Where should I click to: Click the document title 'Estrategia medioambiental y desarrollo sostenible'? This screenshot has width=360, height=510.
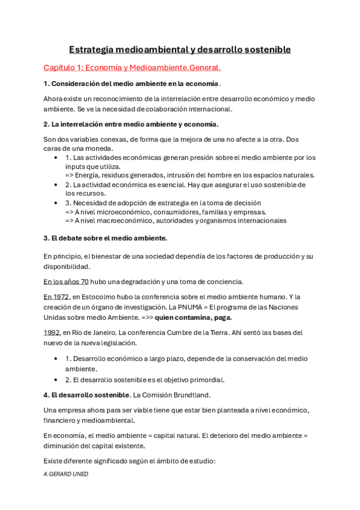pos(180,49)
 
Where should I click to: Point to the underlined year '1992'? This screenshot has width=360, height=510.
pos(52,332)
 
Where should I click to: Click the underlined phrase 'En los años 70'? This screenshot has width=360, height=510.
pos(66,281)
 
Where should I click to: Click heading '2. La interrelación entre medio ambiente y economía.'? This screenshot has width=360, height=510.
pos(131,124)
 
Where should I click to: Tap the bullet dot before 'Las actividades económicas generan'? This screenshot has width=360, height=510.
pos(56,158)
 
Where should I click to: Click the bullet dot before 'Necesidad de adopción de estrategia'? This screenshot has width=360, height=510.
pos(56,203)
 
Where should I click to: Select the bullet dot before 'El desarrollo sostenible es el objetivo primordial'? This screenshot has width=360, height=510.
pos(56,379)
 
